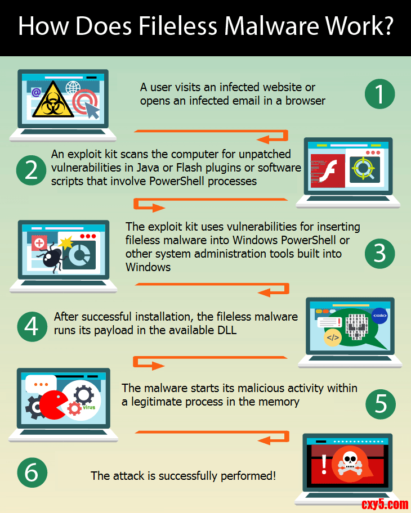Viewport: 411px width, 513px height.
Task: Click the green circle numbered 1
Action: coord(379,94)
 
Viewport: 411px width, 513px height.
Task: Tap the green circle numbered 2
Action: coord(31,170)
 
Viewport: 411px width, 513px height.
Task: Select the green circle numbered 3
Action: coord(379,254)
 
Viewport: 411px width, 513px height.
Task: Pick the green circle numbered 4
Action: coord(32,326)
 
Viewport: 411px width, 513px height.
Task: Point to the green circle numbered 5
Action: coord(380,404)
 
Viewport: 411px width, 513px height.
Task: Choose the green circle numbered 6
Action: coord(32,472)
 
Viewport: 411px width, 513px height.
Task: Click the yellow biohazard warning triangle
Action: coord(53,100)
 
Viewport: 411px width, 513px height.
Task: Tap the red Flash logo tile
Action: coord(328,171)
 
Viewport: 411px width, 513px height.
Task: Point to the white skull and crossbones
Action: coord(350,463)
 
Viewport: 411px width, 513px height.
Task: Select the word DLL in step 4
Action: coord(227,330)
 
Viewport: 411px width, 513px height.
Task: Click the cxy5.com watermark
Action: coord(385,504)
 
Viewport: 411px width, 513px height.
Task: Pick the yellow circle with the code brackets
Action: coord(333,337)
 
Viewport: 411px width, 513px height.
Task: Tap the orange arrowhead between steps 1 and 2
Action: coord(265,139)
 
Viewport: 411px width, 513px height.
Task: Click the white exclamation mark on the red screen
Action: coord(324,464)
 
